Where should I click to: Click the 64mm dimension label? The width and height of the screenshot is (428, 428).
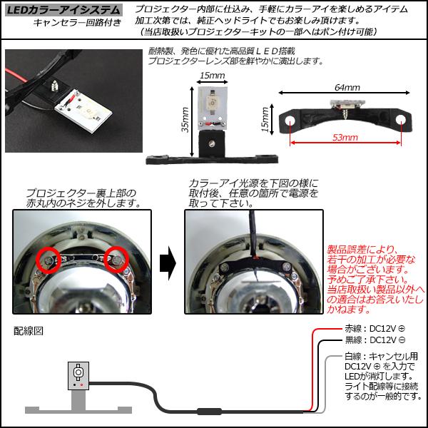pyautogui.click(x=346, y=87)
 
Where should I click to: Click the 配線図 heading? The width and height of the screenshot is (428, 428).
pyautogui.click(x=29, y=331)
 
